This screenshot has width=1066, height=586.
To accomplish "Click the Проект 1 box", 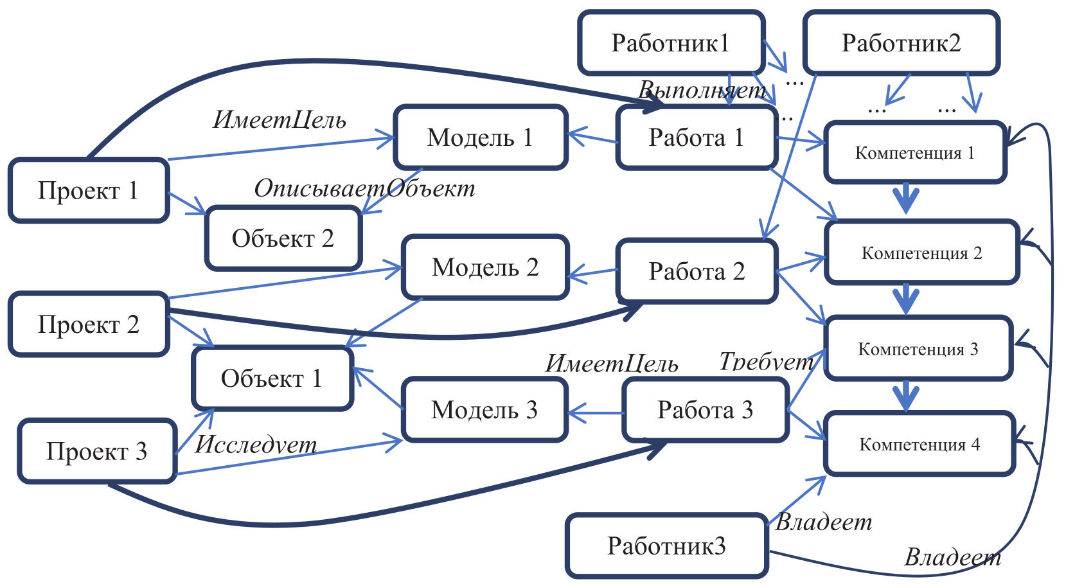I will click(x=89, y=191).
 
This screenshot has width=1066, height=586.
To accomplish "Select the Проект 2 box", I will click(x=89, y=324).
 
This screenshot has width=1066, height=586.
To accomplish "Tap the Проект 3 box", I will click(x=97, y=451).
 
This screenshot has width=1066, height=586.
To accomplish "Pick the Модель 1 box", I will click(x=481, y=138).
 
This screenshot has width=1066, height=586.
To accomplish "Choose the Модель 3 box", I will click(x=484, y=410).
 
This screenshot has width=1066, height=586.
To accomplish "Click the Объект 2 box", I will click(x=283, y=238).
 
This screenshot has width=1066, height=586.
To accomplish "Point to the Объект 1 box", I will click(x=272, y=378).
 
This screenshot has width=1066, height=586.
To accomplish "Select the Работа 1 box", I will click(x=697, y=138).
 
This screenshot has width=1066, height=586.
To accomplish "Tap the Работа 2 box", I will click(x=697, y=271).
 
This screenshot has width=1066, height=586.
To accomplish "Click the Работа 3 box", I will click(x=705, y=410).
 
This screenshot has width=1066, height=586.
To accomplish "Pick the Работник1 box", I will click(x=671, y=43).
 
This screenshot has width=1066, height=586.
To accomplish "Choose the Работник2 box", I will click(x=901, y=43).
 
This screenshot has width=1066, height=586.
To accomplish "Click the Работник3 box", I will click(x=666, y=546).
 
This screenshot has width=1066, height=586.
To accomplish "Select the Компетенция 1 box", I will click(x=915, y=153).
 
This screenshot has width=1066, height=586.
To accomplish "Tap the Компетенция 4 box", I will click(x=919, y=444).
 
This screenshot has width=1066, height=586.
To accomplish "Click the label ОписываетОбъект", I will click(x=364, y=188).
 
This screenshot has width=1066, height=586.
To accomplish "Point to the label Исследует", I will click(x=256, y=444).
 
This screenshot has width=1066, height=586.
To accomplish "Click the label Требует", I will click(x=766, y=362).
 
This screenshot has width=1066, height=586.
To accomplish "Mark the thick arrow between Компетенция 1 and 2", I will click(x=907, y=199).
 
